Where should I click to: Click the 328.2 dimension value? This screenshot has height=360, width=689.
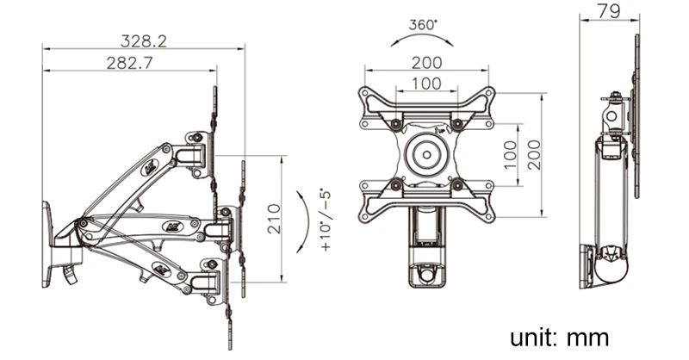click(x=144, y=39)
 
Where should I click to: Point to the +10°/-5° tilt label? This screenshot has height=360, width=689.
click(x=326, y=220)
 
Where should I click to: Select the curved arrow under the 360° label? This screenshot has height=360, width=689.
click(x=422, y=40)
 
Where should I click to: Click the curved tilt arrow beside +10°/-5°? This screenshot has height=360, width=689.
click(x=301, y=220)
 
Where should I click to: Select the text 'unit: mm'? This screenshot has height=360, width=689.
click(x=558, y=336)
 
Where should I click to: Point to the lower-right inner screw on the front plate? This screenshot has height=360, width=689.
click(x=457, y=184)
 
